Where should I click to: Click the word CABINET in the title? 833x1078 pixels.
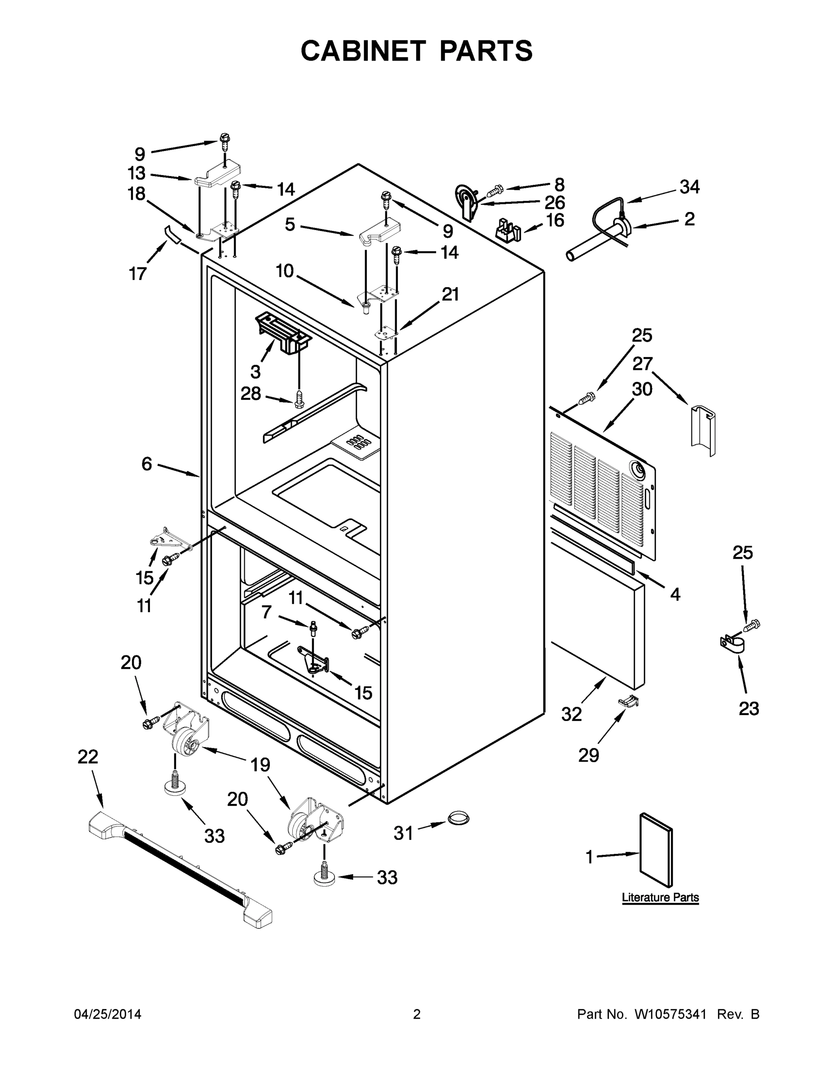[x=363, y=51]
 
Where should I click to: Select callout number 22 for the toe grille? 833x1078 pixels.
[x=88, y=757]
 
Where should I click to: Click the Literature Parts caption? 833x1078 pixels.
[x=660, y=897]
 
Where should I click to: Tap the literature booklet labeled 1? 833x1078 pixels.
[x=655, y=849]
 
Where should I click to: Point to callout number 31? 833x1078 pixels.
[x=403, y=833]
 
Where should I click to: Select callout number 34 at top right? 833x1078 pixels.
[x=689, y=187]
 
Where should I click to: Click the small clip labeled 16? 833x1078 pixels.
[x=507, y=229]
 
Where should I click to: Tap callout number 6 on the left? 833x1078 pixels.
[x=146, y=464]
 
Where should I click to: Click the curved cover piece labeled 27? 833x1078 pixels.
[x=703, y=428]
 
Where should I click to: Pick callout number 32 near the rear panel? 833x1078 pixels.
[x=572, y=714]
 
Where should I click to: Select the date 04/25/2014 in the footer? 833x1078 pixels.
[x=108, y=1014]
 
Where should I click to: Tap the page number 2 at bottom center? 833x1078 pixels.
[x=417, y=1014]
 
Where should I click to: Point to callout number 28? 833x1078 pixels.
[x=251, y=393]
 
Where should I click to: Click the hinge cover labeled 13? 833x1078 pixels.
[x=218, y=175]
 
